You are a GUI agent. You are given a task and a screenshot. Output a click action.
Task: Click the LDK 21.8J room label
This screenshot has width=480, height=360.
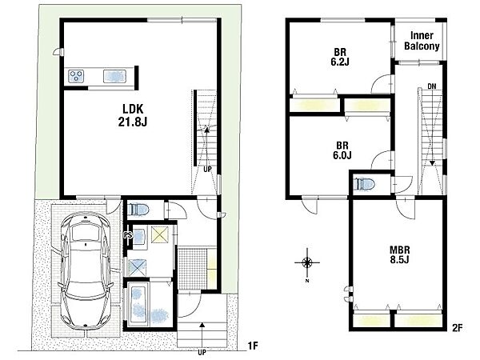tap(133, 115)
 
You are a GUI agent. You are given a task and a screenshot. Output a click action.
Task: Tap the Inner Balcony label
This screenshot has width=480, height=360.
tap(422, 41)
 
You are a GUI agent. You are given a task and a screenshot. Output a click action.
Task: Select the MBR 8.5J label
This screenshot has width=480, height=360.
tap(399, 254)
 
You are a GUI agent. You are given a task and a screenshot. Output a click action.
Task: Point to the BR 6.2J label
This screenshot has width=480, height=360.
tap(340, 57)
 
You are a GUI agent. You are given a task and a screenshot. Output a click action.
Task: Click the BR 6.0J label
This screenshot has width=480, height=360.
tap(342, 150)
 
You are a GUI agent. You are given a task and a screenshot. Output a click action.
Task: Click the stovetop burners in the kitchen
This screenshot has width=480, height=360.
tap(76, 76)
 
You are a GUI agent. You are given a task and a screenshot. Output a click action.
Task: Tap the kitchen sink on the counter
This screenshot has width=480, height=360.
tap(114, 76)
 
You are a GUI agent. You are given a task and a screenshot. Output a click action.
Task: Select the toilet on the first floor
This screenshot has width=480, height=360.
tap(138, 210)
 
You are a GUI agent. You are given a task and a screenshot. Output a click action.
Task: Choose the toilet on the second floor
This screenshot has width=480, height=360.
tap(364, 185)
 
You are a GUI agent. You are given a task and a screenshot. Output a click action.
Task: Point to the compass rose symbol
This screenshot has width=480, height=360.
tap(307, 262)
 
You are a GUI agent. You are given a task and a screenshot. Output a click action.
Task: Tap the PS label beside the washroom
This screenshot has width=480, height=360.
tap(128, 235)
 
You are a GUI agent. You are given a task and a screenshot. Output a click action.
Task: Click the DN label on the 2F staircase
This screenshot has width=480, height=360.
tap(432, 86)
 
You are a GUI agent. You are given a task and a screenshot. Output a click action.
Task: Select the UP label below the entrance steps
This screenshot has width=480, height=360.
tap(202, 352)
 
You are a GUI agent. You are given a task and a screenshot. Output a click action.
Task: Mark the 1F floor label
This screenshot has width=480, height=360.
tap(253, 346)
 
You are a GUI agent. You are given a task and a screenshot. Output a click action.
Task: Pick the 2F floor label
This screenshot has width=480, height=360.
tap(457, 328)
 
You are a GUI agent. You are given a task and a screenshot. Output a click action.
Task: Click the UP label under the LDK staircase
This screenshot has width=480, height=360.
tap(207, 169)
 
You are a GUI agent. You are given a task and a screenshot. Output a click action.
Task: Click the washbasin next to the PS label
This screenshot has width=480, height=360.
tap(138, 236)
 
